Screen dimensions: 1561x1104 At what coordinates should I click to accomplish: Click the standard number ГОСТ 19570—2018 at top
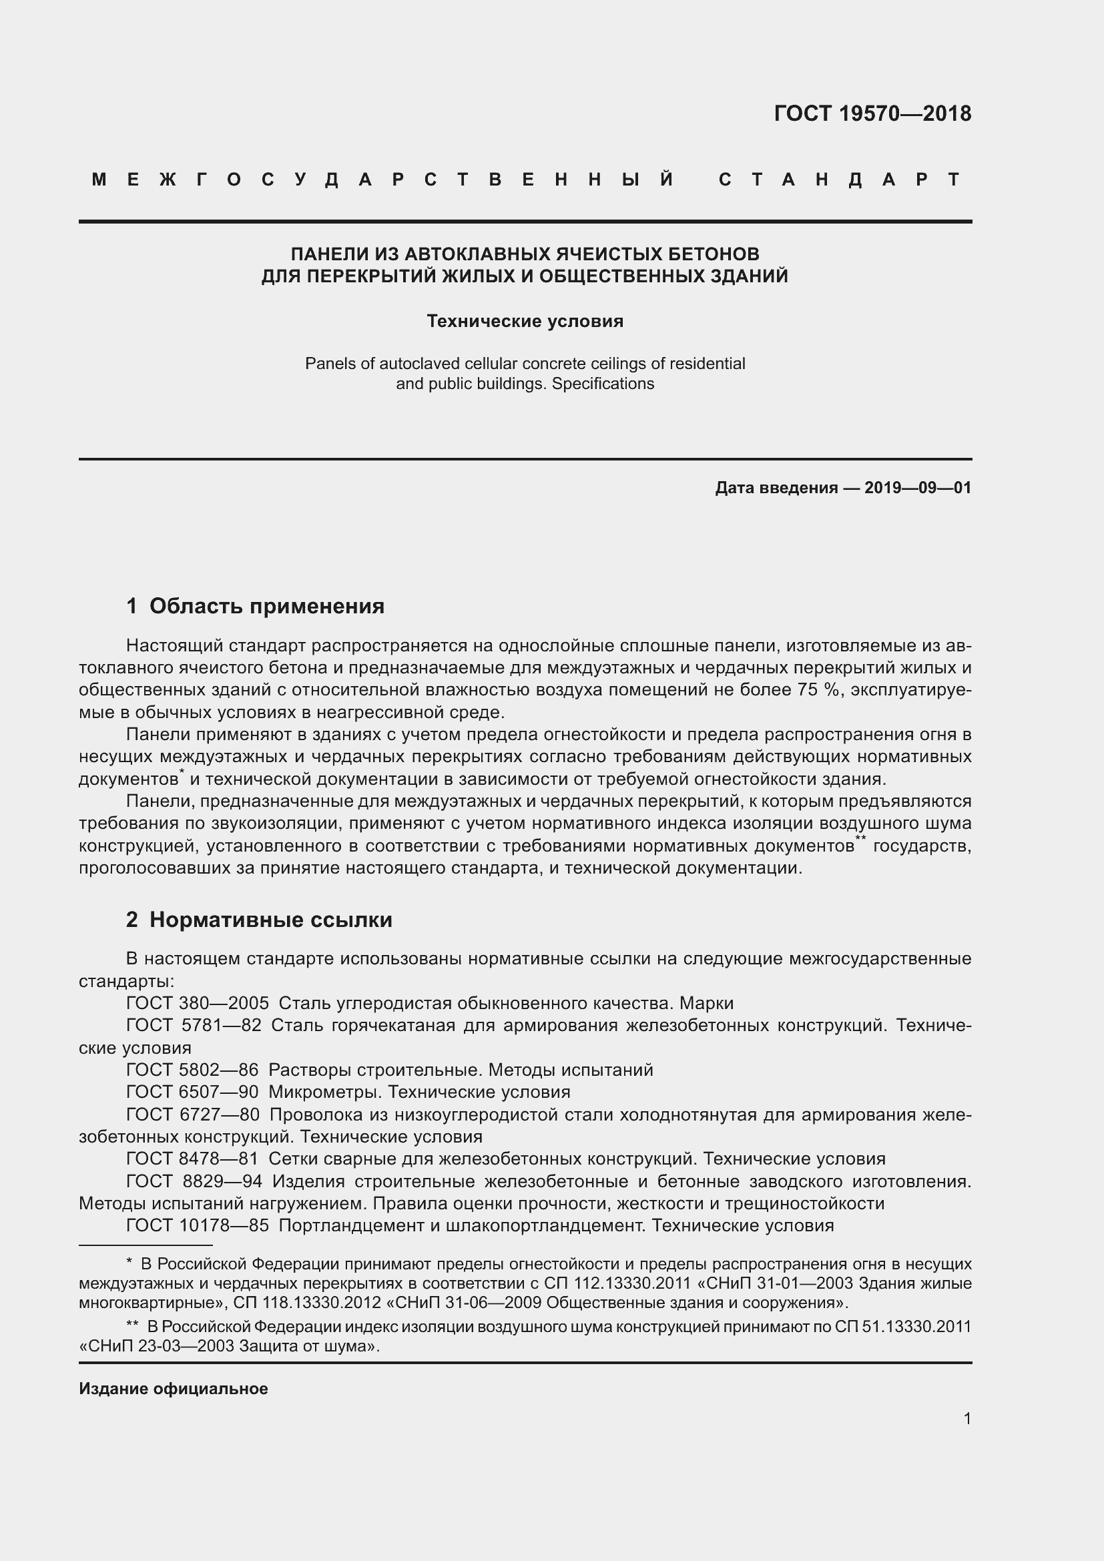tap(872, 113)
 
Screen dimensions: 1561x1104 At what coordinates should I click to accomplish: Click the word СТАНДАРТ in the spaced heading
tap(840, 180)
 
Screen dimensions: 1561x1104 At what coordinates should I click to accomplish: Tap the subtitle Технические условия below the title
tap(525, 321)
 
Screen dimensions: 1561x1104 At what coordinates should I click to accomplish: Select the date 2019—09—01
tap(918, 487)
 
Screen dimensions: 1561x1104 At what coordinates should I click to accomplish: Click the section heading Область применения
tap(266, 606)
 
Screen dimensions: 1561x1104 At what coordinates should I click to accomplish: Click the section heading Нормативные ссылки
tap(270, 920)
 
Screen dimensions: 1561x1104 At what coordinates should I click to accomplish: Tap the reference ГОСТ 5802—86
tap(192, 1069)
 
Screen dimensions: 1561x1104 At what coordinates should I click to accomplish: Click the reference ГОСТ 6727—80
tap(192, 1115)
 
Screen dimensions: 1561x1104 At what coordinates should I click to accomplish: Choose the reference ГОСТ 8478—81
tap(192, 1159)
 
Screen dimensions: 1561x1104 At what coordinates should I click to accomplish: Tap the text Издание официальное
tap(174, 1389)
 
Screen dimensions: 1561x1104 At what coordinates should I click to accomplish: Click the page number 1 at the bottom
tap(967, 1418)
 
